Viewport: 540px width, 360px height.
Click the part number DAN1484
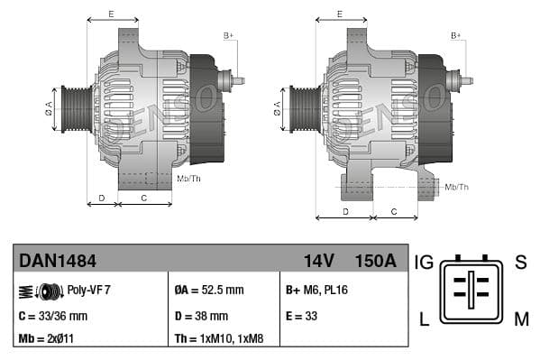[x=58, y=261]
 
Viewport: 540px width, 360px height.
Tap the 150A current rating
[x=375, y=261]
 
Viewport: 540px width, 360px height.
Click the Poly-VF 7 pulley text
[x=88, y=291]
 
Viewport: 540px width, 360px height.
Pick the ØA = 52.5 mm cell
[x=208, y=291]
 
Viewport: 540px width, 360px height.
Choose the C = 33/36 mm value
[x=53, y=316]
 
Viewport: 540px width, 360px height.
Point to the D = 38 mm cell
[x=201, y=316]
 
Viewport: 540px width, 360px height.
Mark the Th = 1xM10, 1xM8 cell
[x=218, y=340]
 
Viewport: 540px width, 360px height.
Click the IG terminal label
[x=424, y=263]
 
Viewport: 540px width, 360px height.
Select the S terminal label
[x=520, y=263]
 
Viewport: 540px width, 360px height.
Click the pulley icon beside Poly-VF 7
[x=41, y=291]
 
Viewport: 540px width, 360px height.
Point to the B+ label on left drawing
[x=228, y=35]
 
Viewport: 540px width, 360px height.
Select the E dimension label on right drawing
[x=339, y=14]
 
